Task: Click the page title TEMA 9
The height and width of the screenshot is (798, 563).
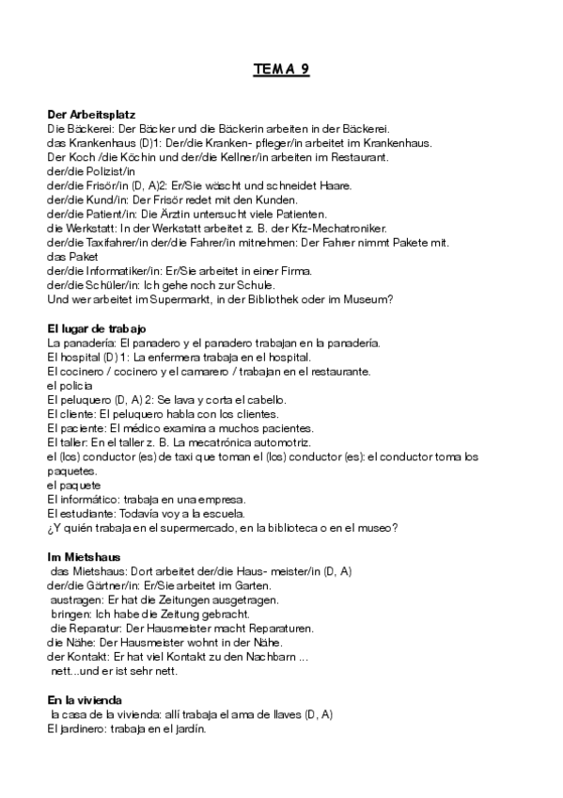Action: pos(281,69)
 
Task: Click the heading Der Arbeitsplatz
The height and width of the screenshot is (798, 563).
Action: pos(91,114)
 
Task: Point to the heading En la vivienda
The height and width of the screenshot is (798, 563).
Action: pos(84,701)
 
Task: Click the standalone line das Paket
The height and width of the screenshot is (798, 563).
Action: pos(69,256)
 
